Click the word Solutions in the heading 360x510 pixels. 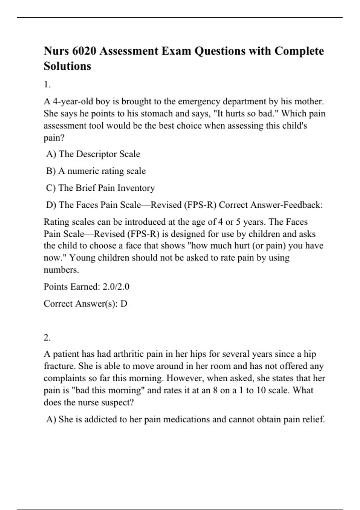[x=67, y=66]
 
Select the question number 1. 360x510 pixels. [x=47, y=85]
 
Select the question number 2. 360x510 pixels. [x=47, y=338]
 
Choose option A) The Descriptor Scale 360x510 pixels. [x=93, y=154]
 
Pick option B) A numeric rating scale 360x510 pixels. [x=96, y=171]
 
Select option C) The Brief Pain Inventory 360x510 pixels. [x=100, y=188]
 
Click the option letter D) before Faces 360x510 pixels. [x=51, y=205]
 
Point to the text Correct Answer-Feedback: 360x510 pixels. [x=271, y=205]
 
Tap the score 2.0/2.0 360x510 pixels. [x=116, y=287]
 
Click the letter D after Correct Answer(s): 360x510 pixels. [x=124, y=304]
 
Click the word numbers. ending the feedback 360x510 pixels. [x=61, y=270]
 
